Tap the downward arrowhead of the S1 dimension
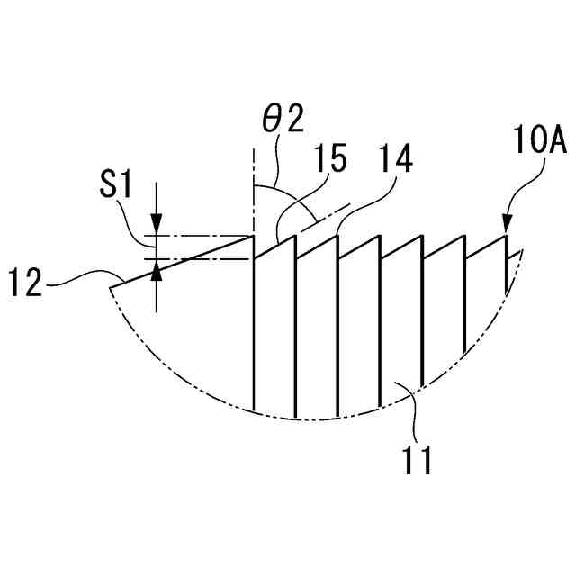tap(157, 229)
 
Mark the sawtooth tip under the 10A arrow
tap(506, 236)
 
